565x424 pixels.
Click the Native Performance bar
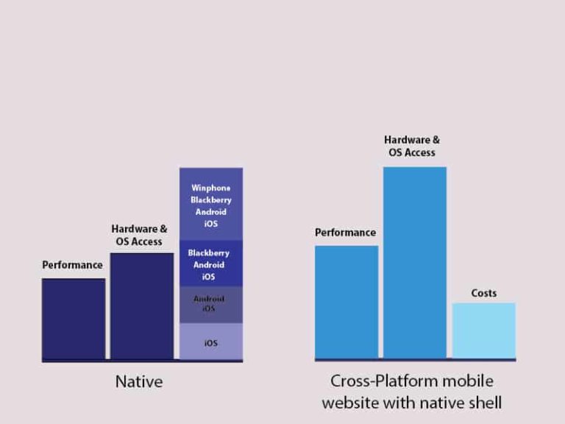click(74, 318)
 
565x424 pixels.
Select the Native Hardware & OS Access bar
click(142, 305)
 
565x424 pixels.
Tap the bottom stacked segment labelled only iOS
click(211, 342)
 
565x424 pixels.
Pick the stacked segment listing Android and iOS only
click(211, 304)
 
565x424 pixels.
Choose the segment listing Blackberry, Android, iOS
click(211, 264)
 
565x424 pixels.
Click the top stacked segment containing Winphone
click(211, 204)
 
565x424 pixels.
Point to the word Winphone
click(211, 188)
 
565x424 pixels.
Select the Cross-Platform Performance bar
click(347, 302)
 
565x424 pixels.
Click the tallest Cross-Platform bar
click(414, 262)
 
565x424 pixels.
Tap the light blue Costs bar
click(483, 330)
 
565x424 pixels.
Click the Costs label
click(484, 293)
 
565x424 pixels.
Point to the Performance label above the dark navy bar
click(72, 265)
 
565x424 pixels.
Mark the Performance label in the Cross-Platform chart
click(345, 233)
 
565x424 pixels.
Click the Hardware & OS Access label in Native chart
click(139, 235)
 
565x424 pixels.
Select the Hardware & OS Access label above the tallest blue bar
click(412, 146)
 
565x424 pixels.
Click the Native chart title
click(139, 382)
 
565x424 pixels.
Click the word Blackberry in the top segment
click(211, 199)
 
